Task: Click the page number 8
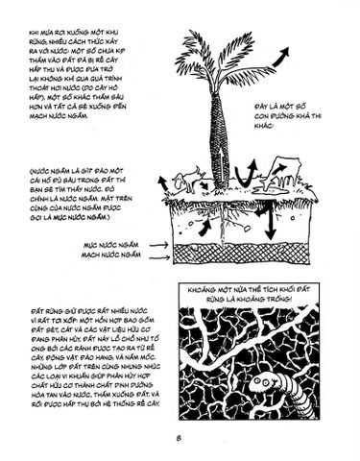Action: pos(180,440)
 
